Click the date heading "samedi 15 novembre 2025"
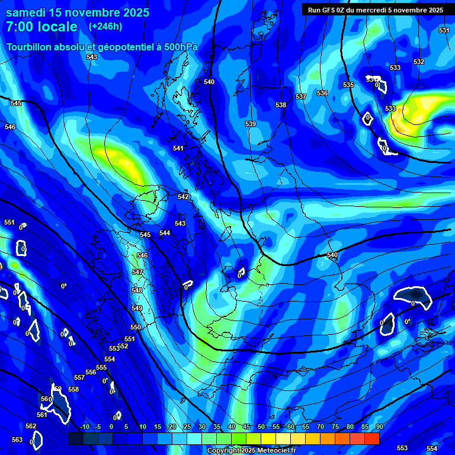point(78,12)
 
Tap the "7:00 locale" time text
point(41,27)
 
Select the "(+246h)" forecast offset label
point(105,26)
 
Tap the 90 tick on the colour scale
point(379,427)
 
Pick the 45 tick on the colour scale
point(246,427)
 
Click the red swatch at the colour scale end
point(371,438)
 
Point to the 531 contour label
point(444,30)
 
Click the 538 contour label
point(281,105)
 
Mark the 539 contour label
point(251,124)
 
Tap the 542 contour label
point(183,197)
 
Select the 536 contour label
point(322,93)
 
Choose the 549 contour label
point(137,309)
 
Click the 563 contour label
point(17,440)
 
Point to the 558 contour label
point(73,389)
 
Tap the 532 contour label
point(419,62)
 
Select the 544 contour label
point(165,233)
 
